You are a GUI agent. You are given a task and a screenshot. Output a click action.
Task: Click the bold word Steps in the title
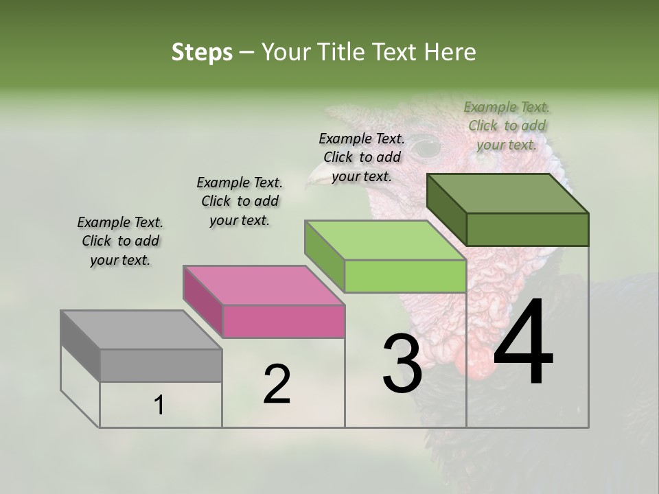click(202, 52)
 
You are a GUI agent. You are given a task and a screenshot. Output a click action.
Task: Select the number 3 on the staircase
click(402, 363)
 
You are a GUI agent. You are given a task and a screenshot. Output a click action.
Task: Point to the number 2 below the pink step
click(277, 384)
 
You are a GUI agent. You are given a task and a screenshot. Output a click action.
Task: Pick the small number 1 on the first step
click(159, 405)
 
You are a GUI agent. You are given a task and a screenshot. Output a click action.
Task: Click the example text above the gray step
click(120, 241)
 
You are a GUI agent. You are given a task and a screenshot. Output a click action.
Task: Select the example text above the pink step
click(240, 201)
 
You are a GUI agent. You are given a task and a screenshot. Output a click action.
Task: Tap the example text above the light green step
click(362, 157)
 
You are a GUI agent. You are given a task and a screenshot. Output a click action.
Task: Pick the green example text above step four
click(507, 126)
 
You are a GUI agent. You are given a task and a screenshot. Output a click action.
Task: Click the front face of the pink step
click(284, 321)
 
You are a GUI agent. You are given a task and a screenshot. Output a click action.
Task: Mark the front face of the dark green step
click(527, 229)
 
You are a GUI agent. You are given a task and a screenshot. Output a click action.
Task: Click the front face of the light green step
click(405, 277)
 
